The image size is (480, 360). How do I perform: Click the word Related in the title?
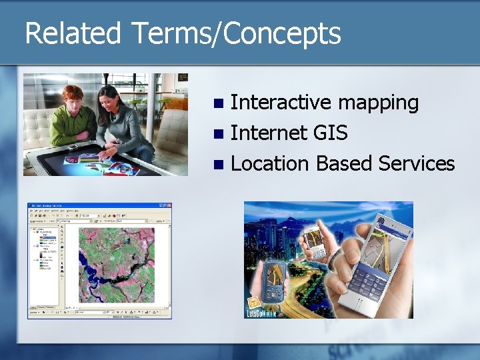[x=73, y=34]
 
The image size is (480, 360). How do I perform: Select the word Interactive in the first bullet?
[x=280, y=102]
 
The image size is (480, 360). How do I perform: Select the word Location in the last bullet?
[x=269, y=163]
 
